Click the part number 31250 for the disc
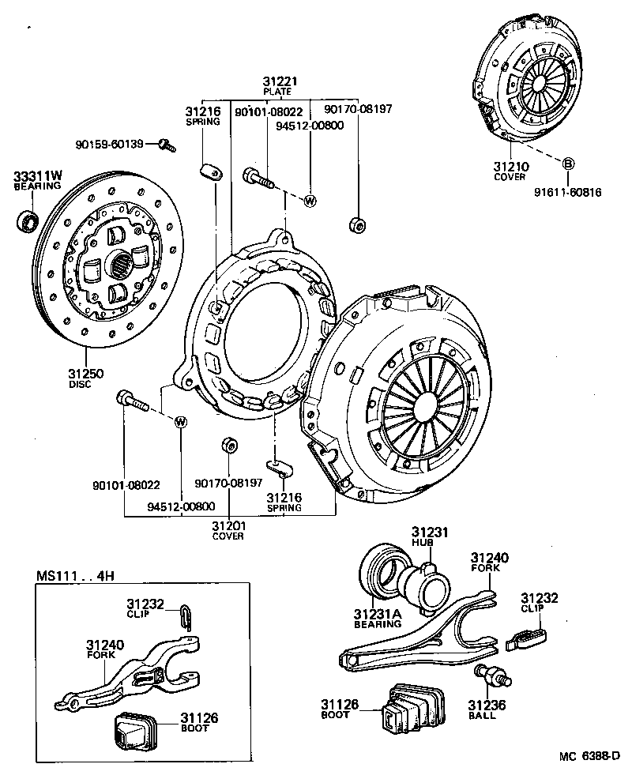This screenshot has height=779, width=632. (79, 374)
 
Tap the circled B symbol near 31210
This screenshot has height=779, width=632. (567, 164)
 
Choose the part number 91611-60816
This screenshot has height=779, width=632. (566, 191)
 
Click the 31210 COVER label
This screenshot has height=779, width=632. (511, 171)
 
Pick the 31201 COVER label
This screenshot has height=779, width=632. (228, 530)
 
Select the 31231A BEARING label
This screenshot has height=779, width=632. (377, 619)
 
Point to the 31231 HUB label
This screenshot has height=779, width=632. (429, 537)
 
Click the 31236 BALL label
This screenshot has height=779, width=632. (482, 709)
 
